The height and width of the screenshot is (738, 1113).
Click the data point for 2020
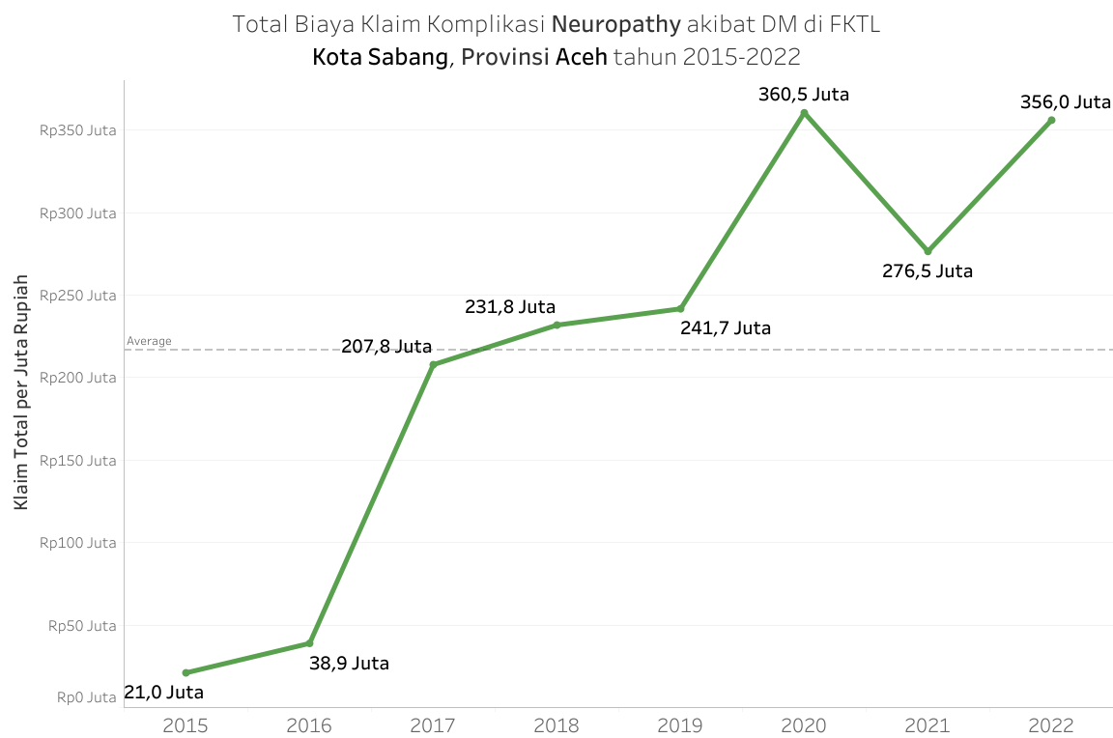pyautogui.click(x=804, y=113)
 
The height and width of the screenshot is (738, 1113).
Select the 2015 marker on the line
pyautogui.click(x=185, y=672)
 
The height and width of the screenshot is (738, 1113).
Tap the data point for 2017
pyautogui.click(x=433, y=365)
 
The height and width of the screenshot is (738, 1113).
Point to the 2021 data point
pyautogui.click(x=927, y=251)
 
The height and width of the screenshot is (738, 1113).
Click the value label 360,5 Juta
pyautogui.click(x=804, y=95)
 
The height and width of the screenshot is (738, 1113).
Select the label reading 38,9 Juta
pyautogui.click(x=349, y=664)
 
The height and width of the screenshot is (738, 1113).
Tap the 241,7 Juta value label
pyautogui.click(x=726, y=328)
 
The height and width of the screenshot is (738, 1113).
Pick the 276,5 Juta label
pyautogui.click(x=927, y=271)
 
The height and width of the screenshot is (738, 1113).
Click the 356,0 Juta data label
pyautogui.click(x=1066, y=101)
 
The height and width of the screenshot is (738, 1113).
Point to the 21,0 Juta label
pyautogui.click(x=164, y=693)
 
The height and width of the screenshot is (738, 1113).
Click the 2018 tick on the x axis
pyautogui.click(x=556, y=724)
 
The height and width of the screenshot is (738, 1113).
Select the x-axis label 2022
pyautogui.click(x=1051, y=724)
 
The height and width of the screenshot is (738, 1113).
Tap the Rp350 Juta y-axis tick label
pyautogui.click(x=78, y=130)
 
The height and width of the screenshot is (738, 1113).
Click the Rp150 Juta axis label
pyautogui.click(x=78, y=461)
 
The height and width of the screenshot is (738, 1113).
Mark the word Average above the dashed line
pyautogui.click(x=149, y=341)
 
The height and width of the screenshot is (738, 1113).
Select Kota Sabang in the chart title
pyautogui.click(x=381, y=57)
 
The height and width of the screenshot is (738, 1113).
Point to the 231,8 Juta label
pyautogui.click(x=510, y=307)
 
